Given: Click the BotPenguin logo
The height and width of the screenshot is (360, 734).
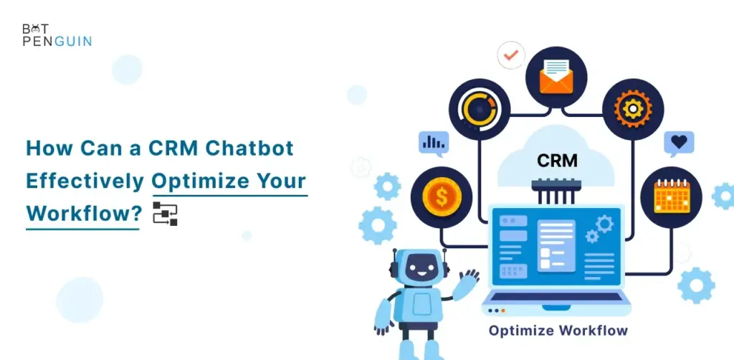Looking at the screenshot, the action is click(x=57, y=35).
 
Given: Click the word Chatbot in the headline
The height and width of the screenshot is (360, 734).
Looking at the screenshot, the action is click(x=249, y=148).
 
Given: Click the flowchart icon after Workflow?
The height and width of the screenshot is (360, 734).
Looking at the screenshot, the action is click(x=166, y=214).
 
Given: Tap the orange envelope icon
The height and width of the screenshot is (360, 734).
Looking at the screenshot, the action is click(x=556, y=77).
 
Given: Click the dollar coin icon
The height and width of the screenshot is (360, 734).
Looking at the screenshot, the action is click(x=442, y=197).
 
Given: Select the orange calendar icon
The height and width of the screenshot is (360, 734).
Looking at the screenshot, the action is click(x=671, y=196).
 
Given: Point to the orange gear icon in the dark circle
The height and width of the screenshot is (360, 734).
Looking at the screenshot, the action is click(x=633, y=109).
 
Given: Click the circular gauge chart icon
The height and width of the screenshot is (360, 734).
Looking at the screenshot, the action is click(x=480, y=110).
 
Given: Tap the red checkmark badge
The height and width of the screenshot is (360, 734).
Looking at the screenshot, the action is click(x=510, y=55).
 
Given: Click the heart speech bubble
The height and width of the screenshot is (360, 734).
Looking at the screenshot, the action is click(x=679, y=143).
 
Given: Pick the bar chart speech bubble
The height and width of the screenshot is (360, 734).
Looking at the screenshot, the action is click(x=434, y=143).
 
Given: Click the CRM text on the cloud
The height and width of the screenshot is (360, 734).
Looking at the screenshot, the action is click(x=557, y=161).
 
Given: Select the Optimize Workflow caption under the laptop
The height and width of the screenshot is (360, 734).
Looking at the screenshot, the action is click(x=558, y=331).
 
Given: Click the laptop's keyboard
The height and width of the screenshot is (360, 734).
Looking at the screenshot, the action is click(x=556, y=296).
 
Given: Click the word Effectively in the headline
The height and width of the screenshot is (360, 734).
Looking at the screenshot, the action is click(x=85, y=181).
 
